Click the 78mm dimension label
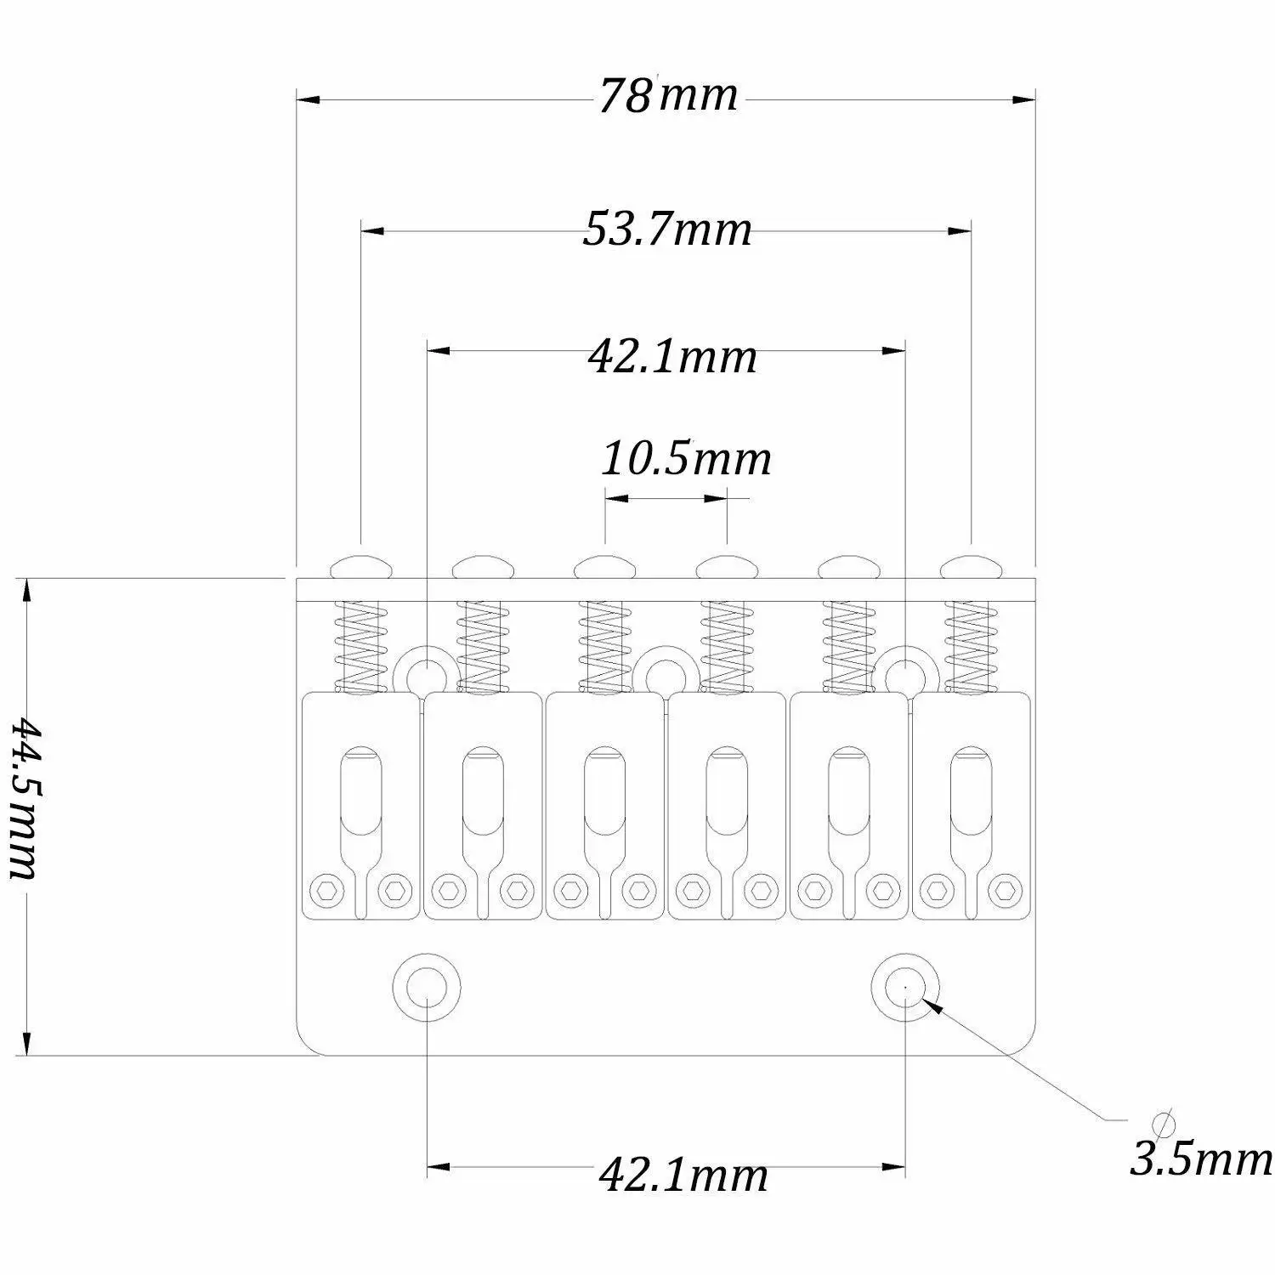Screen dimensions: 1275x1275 click(667, 95)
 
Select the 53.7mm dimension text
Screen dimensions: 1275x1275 click(668, 229)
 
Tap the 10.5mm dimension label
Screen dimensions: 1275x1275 click(686, 459)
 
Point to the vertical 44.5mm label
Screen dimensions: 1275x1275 click(24, 799)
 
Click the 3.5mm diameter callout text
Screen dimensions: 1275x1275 click(1201, 1159)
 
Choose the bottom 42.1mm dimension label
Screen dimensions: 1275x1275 click(683, 1176)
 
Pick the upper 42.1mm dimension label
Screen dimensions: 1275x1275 click(671, 357)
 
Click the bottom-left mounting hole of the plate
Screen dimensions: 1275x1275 click(425, 986)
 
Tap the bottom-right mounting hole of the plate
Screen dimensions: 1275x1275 click(906, 986)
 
